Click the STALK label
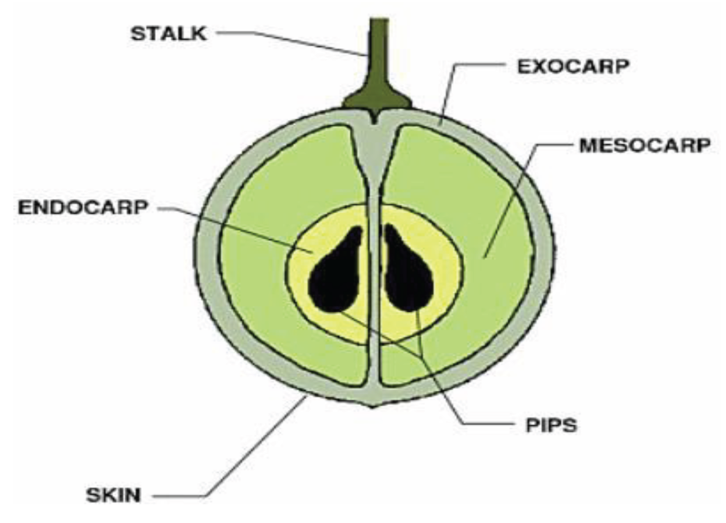pyautogui.click(x=168, y=34)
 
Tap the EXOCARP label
pyautogui.click(x=573, y=66)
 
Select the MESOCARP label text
pyautogui.click(x=645, y=145)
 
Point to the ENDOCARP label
pyautogui.click(x=83, y=207)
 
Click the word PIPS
pyautogui.click(x=551, y=425)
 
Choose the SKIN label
pyautogui.click(x=114, y=495)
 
